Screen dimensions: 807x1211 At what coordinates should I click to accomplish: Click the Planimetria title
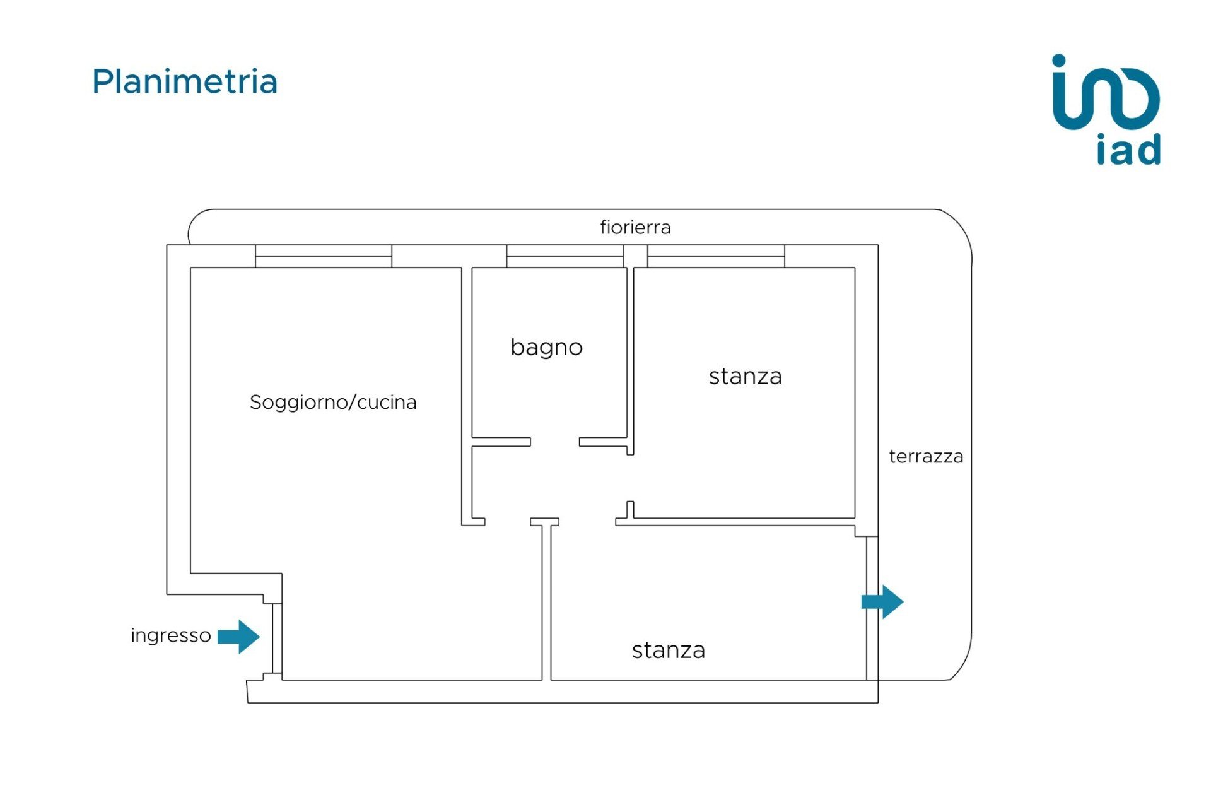click(x=185, y=82)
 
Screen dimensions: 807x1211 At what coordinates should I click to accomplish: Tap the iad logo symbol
click(x=1106, y=93)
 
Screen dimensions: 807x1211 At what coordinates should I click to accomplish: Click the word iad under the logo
click(x=1128, y=150)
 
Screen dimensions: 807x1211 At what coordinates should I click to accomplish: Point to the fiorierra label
click(x=635, y=227)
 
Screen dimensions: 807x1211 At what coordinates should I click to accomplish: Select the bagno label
click(x=546, y=348)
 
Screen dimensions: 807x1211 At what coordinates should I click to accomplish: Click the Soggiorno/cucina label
click(x=333, y=403)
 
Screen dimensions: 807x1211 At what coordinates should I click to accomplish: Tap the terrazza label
click(x=926, y=457)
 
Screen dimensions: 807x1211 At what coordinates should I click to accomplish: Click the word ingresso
click(x=170, y=635)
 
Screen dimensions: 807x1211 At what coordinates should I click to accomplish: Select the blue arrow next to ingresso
click(x=238, y=637)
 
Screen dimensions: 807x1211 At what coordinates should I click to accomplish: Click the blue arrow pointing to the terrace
click(x=882, y=602)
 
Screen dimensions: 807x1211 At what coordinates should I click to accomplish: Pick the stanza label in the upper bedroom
click(x=745, y=377)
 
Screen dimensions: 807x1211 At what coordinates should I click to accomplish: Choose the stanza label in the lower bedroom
click(x=669, y=651)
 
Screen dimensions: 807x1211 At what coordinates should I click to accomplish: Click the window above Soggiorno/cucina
click(x=324, y=256)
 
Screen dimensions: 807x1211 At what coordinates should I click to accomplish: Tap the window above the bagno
click(x=565, y=256)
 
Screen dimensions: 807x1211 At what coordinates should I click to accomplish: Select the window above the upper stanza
click(x=716, y=256)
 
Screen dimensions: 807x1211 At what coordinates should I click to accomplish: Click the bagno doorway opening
click(x=555, y=442)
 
